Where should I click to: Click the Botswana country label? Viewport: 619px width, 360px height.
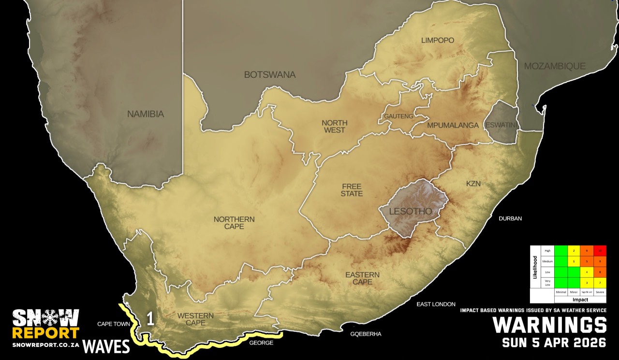(269, 75)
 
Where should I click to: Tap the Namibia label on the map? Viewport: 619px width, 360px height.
(146, 115)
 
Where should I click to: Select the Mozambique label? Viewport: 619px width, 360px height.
(555, 66)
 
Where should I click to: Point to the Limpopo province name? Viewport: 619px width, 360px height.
(438, 41)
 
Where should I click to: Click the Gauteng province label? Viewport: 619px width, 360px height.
(398, 116)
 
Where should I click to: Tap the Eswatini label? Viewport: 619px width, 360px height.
(501, 125)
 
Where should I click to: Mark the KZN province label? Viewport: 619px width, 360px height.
(474, 184)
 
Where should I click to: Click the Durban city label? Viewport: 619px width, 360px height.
(510, 218)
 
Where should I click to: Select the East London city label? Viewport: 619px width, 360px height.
(436, 304)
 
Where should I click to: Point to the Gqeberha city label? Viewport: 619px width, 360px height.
(366, 334)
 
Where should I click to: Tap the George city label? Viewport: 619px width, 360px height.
(261, 343)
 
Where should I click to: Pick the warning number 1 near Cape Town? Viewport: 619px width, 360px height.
(150, 319)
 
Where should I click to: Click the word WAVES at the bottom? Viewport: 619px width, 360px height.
(106, 346)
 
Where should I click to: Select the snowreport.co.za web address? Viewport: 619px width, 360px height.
(45, 346)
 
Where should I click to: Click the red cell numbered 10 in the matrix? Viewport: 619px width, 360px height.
(600, 251)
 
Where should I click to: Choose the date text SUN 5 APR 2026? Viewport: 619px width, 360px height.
(554, 343)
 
